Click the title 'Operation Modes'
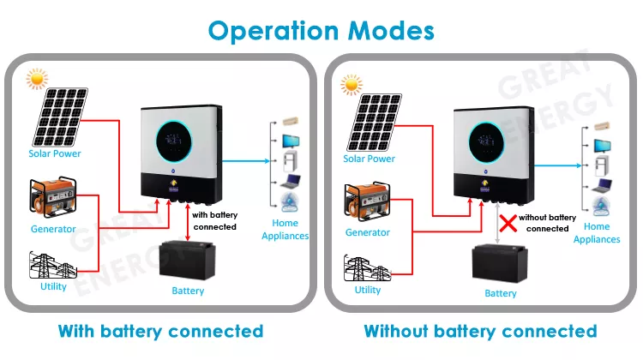point(321,30)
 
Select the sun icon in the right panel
point(350,84)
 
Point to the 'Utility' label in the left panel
point(53,286)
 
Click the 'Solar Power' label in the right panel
point(369,159)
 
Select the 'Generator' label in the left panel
point(53,229)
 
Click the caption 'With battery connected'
point(160,331)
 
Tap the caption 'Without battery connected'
point(480,331)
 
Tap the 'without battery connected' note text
point(548,223)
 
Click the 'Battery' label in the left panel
point(188,291)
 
